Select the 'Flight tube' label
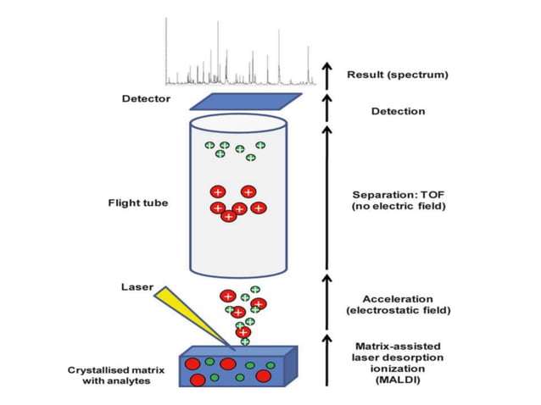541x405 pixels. point(137,202)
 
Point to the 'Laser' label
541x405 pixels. point(137,286)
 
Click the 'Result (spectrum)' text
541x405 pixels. point(398,75)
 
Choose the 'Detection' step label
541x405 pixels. point(398,111)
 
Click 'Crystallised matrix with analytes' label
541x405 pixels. point(110,375)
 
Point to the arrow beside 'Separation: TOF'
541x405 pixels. point(326,199)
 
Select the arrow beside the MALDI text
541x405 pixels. point(326,360)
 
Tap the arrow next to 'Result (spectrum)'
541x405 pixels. point(326,75)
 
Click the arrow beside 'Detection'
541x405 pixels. point(326,108)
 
